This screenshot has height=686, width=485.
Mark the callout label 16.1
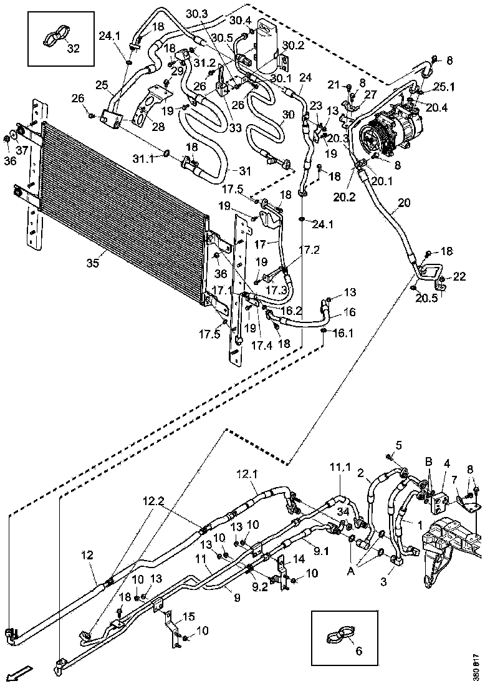tap(341, 334)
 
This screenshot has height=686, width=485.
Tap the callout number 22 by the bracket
tap(459, 276)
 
